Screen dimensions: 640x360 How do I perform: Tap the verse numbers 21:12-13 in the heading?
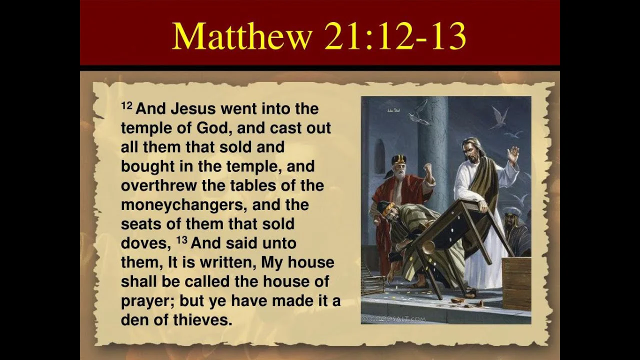[x=395, y=36]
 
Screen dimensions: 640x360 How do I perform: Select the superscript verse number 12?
[x=127, y=105]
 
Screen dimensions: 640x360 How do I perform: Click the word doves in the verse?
[x=143, y=243]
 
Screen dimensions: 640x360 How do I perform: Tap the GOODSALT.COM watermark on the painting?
[x=394, y=319]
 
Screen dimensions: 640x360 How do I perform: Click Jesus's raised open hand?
[x=513, y=155]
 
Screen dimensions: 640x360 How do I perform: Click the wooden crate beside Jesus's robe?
[x=516, y=283]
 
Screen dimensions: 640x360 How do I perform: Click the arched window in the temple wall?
[x=379, y=156]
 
